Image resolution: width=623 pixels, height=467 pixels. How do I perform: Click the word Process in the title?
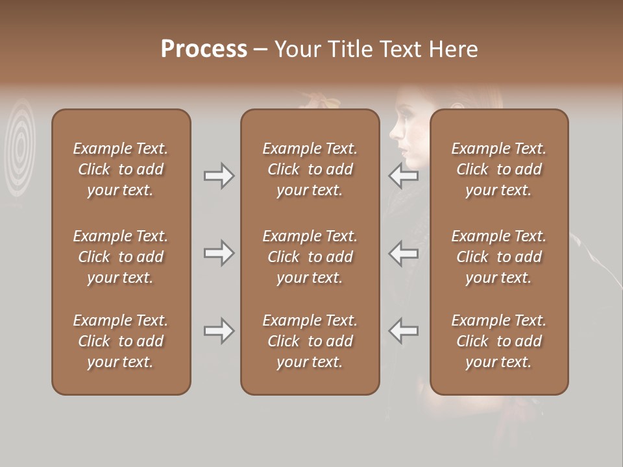click(x=204, y=49)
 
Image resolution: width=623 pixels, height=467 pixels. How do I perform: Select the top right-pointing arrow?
click(x=219, y=175)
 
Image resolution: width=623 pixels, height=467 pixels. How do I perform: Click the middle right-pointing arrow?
click(x=219, y=253)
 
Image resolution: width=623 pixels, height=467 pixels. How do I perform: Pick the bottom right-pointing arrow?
click(x=219, y=331)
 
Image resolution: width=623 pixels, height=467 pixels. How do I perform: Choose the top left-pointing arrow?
click(x=403, y=175)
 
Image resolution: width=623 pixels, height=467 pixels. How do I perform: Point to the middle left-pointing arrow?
click(x=403, y=253)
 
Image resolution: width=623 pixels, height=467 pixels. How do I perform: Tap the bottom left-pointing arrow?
click(x=403, y=331)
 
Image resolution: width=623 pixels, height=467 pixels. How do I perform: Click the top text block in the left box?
click(x=121, y=169)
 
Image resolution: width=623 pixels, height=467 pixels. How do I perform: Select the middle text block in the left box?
click(x=121, y=257)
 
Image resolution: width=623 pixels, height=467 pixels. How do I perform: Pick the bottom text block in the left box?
click(x=121, y=341)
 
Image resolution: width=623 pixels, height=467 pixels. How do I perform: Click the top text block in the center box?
click(x=310, y=169)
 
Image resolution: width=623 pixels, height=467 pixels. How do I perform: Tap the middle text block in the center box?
click(x=310, y=257)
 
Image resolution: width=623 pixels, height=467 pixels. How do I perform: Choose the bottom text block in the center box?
click(x=310, y=341)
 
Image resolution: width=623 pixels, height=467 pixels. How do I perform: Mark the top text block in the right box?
click(x=499, y=169)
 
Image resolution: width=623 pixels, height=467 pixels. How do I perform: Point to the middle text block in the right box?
click(x=499, y=257)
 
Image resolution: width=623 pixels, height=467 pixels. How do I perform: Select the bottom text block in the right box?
click(x=499, y=341)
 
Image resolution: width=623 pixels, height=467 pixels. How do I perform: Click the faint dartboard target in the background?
click(x=21, y=146)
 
